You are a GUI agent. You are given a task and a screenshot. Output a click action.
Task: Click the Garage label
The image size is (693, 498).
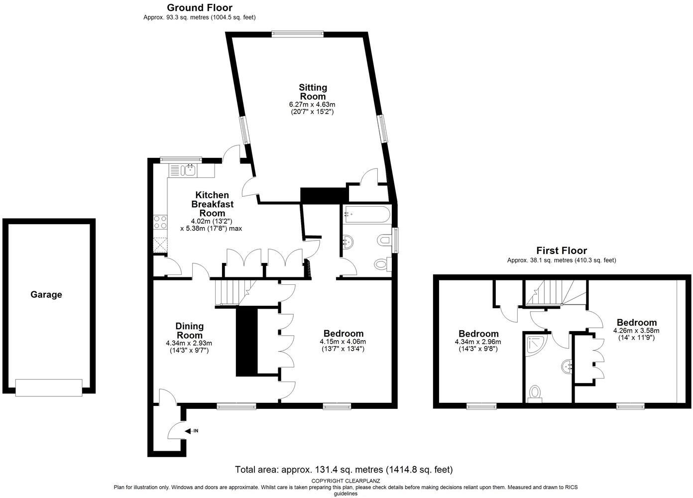pyautogui.click(x=46, y=294)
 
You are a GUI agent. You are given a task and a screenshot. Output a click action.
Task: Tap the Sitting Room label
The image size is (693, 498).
pyautogui.click(x=313, y=92)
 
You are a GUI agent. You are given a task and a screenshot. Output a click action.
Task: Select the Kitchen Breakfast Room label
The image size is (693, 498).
pyautogui.click(x=212, y=204)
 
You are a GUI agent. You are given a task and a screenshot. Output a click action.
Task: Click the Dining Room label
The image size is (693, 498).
pyautogui.click(x=189, y=331)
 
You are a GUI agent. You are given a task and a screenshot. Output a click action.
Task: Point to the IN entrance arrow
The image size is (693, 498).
pyautogui.click(x=192, y=431)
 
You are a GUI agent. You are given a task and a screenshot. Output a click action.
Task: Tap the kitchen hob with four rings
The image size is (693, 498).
pyautogui.click(x=160, y=222)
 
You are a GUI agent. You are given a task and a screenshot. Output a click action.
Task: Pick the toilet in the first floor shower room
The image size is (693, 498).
pyautogui.click(x=536, y=392)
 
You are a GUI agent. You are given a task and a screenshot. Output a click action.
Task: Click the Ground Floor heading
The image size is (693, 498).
pyautogui.click(x=199, y=7)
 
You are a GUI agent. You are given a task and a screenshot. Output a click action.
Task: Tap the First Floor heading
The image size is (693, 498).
pyautogui.click(x=561, y=250)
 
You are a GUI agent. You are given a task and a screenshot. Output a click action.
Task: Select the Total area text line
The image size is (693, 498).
pyautogui.click(x=344, y=470)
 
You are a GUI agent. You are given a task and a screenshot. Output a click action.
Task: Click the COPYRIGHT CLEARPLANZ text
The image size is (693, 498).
pyautogui.click(x=346, y=481)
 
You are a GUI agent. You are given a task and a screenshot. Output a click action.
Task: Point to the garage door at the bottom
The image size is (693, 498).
pyautogui.click(x=49, y=387)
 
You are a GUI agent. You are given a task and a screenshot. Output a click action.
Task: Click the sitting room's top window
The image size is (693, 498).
pyautogui.click(x=297, y=34)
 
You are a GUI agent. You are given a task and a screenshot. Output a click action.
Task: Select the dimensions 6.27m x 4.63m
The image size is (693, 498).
pyautogui.click(x=312, y=105)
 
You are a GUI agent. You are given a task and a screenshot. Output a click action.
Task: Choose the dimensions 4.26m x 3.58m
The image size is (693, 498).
pyautogui.click(x=636, y=330)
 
